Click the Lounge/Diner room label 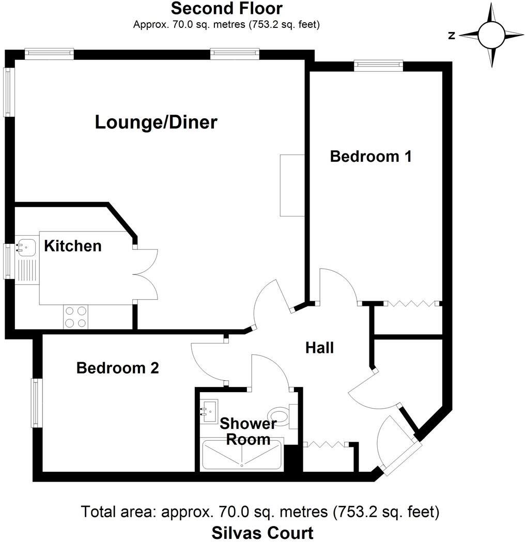click(x=156, y=122)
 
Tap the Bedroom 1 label click(x=370, y=156)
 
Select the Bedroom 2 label click(x=117, y=368)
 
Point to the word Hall click(x=319, y=348)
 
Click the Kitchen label click(x=72, y=246)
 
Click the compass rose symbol click(x=491, y=35)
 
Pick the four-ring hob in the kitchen click(x=76, y=317)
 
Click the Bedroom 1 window click(x=378, y=64)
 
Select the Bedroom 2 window click(x=36, y=402)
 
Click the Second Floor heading click(x=226, y=9)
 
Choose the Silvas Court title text click(x=262, y=532)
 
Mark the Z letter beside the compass click(x=452, y=36)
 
